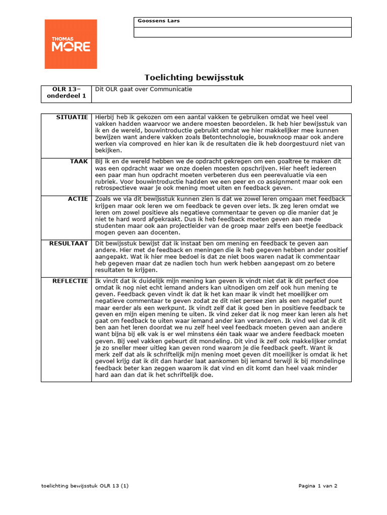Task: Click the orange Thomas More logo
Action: tap(71, 44)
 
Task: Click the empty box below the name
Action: tap(242, 32)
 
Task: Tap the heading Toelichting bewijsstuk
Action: tap(194, 77)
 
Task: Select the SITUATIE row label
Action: tap(73, 117)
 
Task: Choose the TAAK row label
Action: tap(79, 161)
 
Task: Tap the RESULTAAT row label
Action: tap(69, 243)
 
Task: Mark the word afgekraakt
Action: tap(167, 219)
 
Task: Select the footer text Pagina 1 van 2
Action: tap(317, 486)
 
